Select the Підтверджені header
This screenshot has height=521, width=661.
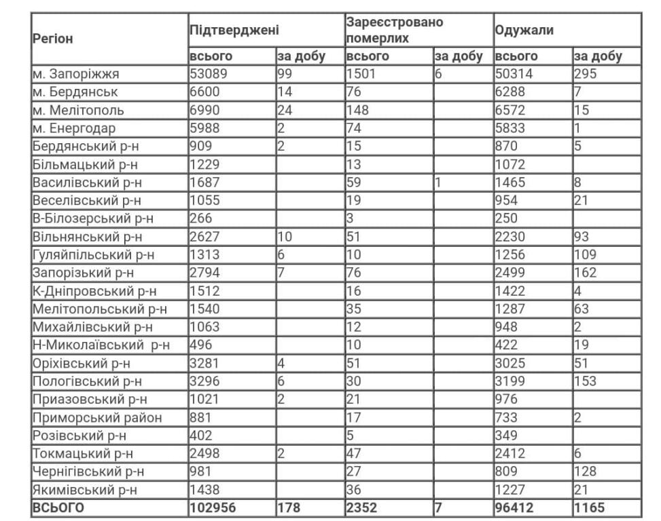234,31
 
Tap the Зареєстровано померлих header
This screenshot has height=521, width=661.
394,31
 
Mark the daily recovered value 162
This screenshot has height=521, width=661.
585,273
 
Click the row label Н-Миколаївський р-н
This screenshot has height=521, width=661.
101,345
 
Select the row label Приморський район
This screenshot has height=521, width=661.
97,417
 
